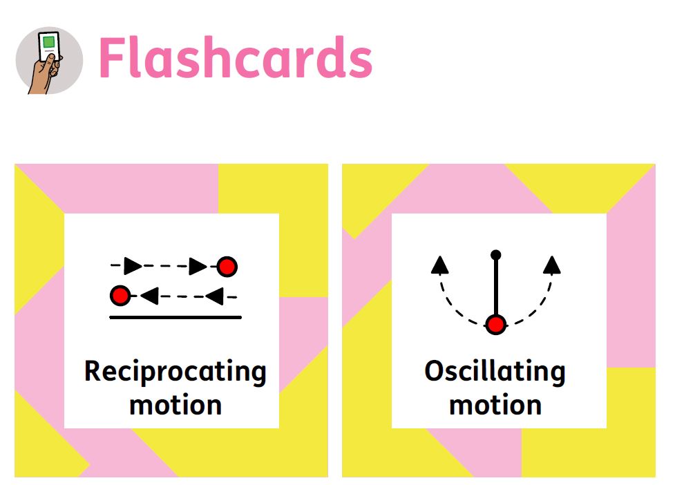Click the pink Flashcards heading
click(x=236, y=57)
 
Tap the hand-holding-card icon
click(x=49, y=60)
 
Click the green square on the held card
click(x=49, y=42)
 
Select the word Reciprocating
click(x=175, y=372)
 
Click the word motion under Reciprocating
click(x=175, y=406)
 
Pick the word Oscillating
click(x=495, y=372)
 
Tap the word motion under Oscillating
click(x=495, y=406)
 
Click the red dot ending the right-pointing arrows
click(x=227, y=267)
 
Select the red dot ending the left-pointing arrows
click(x=120, y=296)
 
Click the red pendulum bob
click(x=495, y=325)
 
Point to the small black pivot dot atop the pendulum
click(x=495, y=255)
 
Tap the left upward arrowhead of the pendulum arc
click(x=439, y=265)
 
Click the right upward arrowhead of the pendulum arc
click(x=551, y=265)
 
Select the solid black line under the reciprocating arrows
click(x=175, y=318)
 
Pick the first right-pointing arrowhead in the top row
click(x=133, y=266)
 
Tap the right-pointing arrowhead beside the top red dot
click(x=198, y=267)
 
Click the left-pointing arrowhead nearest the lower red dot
click(x=149, y=296)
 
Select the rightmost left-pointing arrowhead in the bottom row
click(x=214, y=296)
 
